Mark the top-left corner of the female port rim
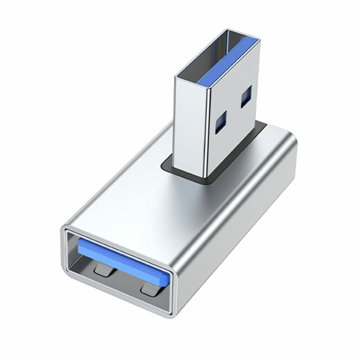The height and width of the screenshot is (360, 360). [64, 229]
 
